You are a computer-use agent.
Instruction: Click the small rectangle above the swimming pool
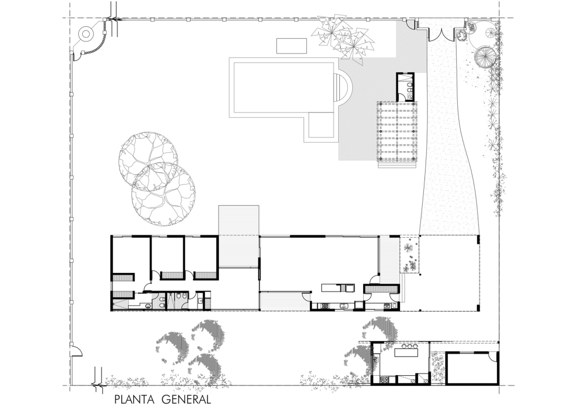click(292, 45)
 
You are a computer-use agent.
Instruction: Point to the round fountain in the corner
click(86, 35)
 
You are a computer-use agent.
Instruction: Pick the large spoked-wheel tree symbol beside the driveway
click(485, 56)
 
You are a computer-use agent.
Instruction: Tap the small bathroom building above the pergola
click(405, 86)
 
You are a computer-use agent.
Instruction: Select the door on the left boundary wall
click(76, 350)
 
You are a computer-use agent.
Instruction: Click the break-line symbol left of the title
click(97, 378)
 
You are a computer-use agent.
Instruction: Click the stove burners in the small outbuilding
click(384, 380)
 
